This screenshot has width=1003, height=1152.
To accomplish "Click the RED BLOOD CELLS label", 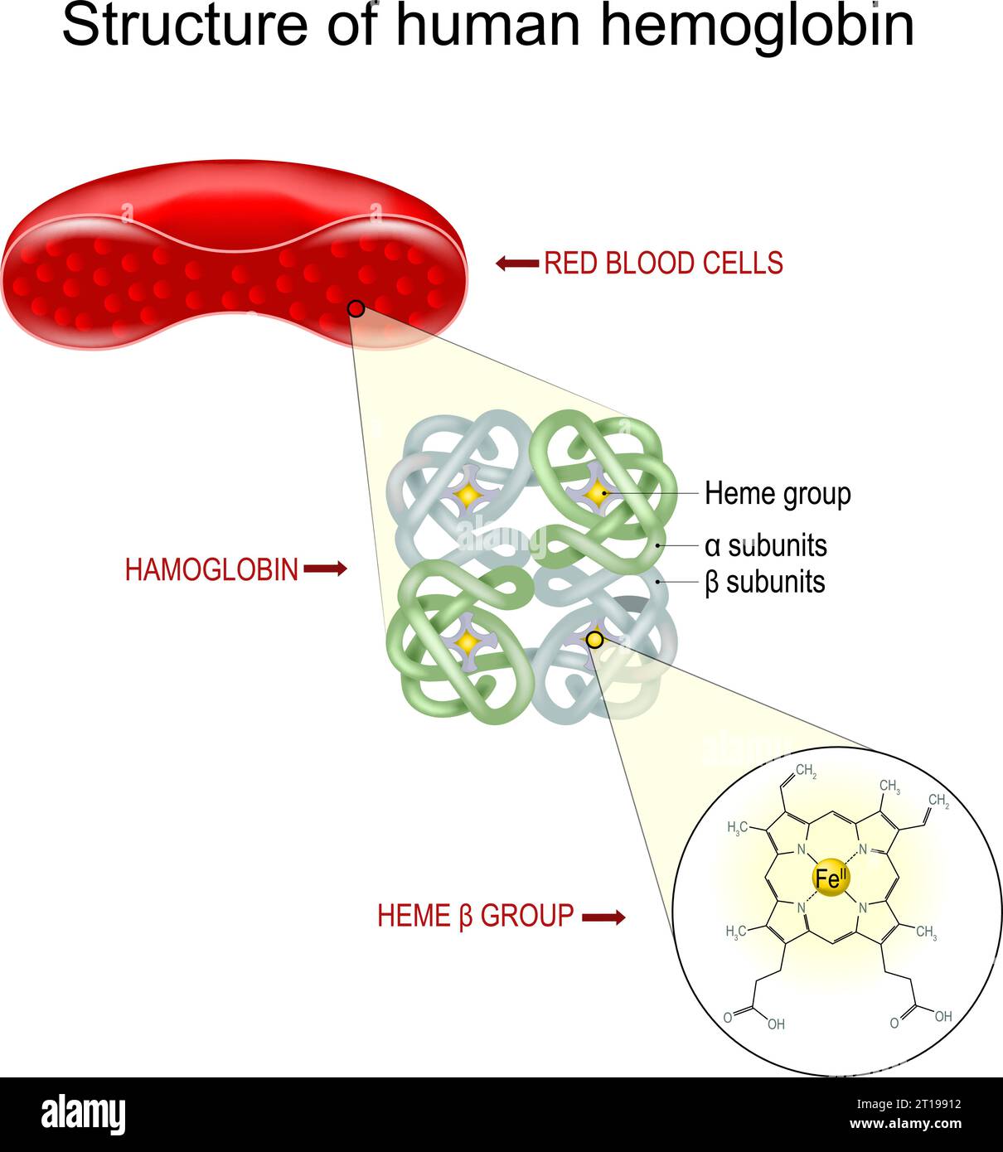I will coord(663,264).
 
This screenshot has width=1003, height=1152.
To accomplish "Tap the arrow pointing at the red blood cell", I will coord(516,264).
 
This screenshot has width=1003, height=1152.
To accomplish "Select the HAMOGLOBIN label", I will coord(211,570).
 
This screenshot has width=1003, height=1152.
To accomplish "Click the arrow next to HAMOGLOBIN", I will coord(325,569).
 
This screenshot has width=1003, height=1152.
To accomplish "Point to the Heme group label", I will coord(778,494).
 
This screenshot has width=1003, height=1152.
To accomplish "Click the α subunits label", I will coord(765,546).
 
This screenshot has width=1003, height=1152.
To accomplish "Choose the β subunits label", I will coord(764,582).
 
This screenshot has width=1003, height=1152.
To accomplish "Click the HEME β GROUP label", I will coord(475,916).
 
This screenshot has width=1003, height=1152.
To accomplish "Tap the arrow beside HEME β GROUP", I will coord(603,917).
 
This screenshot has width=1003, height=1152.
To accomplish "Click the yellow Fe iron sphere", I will coord(830,879).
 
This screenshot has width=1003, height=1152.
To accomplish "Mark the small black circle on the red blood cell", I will coord(356,309).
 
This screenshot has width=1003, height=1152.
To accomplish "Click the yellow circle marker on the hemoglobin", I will coord(594,639).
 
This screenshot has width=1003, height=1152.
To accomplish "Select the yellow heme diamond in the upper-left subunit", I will coord(468,496).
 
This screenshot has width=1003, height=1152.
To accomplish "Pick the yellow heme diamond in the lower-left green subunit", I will coord(468,641).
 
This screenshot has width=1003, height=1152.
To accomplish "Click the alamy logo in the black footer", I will coord(84,1115).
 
